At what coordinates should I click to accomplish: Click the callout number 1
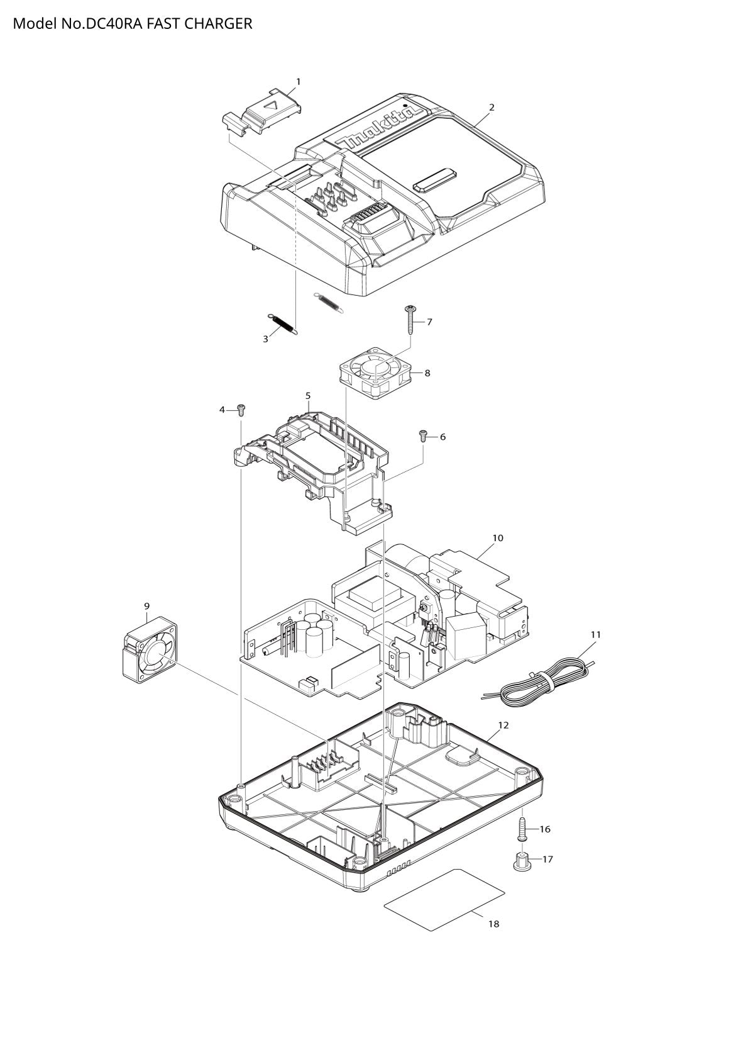click(298, 82)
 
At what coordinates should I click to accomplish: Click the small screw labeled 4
click(242, 410)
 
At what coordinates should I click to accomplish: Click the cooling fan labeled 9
click(150, 647)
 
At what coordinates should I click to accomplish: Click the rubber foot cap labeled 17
click(521, 860)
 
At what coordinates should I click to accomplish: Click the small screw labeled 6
click(423, 435)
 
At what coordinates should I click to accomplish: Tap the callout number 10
click(498, 537)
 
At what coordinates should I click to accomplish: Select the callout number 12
click(503, 725)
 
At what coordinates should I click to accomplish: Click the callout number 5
click(308, 395)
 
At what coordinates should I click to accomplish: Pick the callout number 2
click(492, 108)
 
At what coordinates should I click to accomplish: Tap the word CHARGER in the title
click(218, 23)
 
